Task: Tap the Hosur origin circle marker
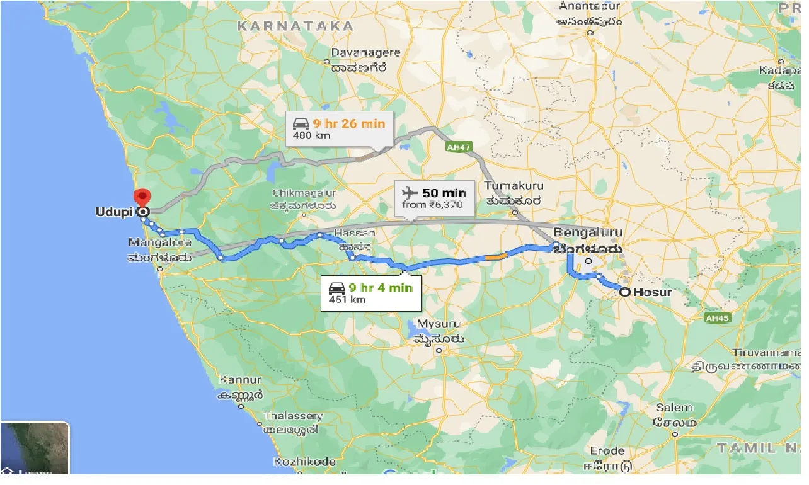tap(624, 292)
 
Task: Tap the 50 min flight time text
tap(444, 193)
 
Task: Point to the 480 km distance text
tap(311, 135)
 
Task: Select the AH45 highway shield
tap(717, 319)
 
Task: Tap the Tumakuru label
tap(510, 186)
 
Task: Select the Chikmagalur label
tap(304, 193)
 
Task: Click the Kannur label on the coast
tap(240, 380)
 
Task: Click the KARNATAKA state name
tap(295, 26)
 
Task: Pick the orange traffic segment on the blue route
tap(496, 256)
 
